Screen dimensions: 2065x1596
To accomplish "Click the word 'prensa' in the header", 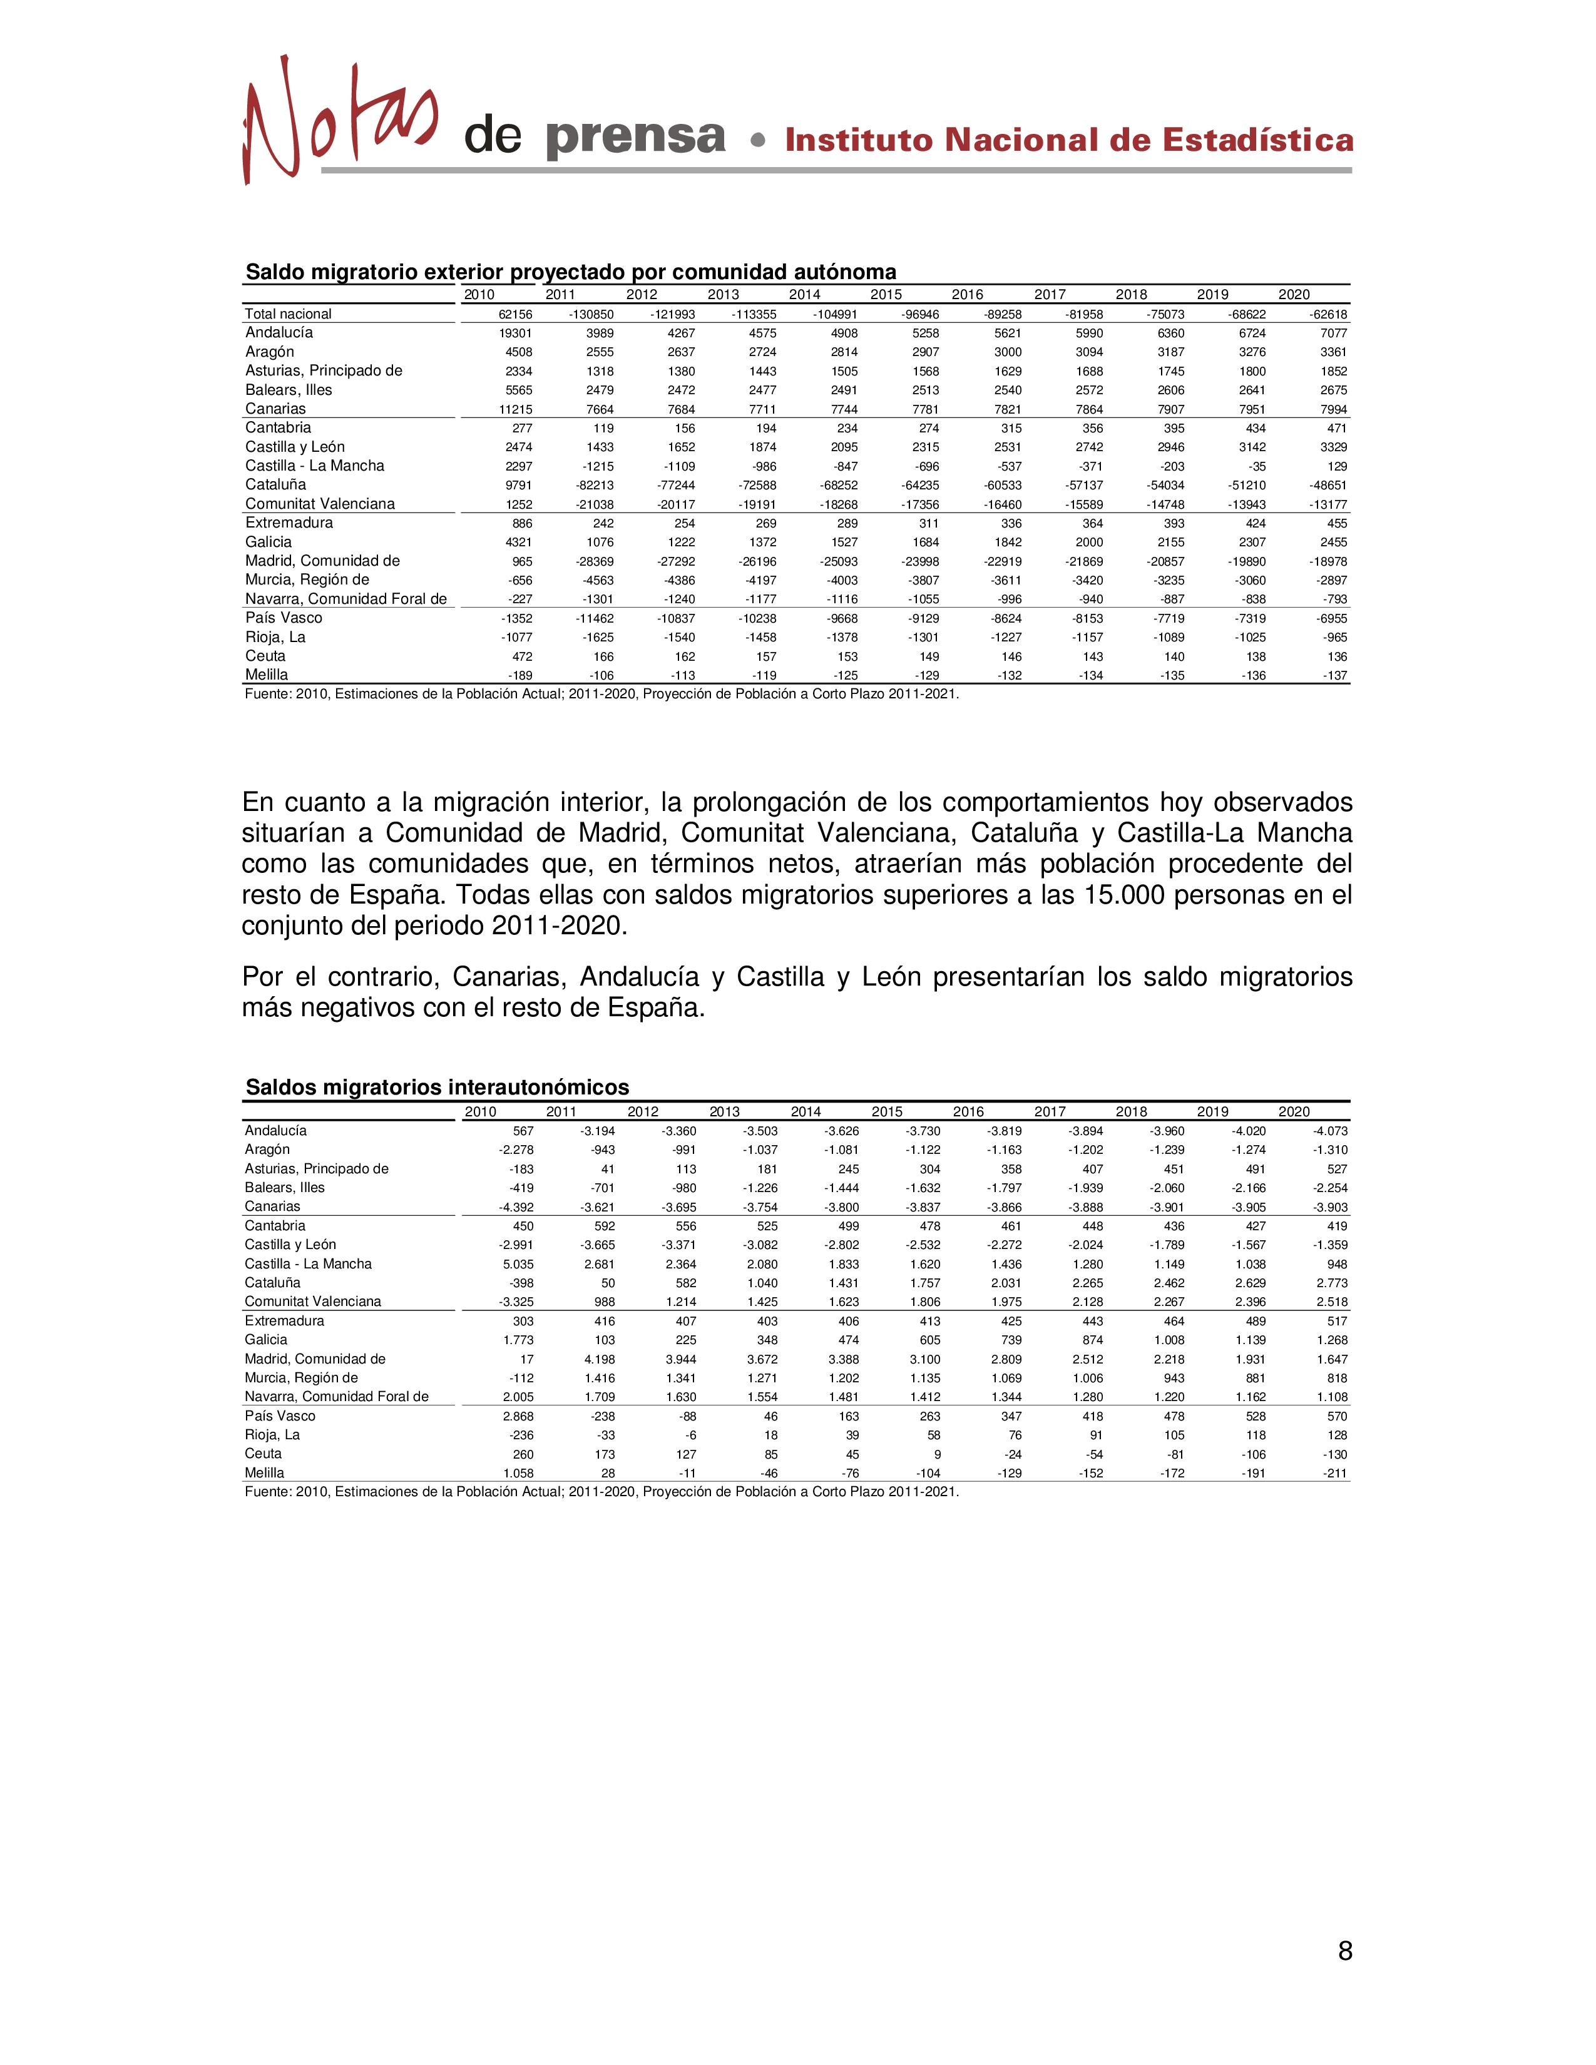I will pos(635,138).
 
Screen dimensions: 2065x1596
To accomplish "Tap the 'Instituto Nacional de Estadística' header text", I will pos(1068,140).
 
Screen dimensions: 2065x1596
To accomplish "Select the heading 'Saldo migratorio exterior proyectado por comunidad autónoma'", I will pos(570,272).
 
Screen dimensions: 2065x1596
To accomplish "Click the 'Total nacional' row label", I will pos(289,314).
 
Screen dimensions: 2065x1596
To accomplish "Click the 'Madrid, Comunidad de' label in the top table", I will pos(322,561).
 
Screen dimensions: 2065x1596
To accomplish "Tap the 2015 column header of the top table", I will pos(886,294).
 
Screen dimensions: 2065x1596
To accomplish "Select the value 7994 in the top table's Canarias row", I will pos(1333,409).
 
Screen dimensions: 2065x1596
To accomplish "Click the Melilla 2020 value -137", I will pos(1335,675).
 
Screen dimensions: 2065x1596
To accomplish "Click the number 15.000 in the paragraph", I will pos(1120,894).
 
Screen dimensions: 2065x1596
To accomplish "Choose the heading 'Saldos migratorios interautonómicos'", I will pos(437,1088).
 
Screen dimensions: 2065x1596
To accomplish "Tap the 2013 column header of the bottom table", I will pos(724,1112).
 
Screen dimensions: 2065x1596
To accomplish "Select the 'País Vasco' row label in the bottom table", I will pos(280,1415).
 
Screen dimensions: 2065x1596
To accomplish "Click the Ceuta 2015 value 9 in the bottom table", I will pos(935,1454).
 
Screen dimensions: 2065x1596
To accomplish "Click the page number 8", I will pos(1344,1950).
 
